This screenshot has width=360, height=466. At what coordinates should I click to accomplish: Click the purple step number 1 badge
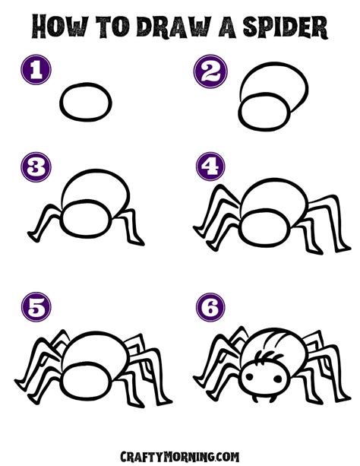(36, 69)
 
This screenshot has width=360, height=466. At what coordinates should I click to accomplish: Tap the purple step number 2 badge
(210, 71)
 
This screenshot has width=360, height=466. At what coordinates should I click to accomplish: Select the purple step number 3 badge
(36, 166)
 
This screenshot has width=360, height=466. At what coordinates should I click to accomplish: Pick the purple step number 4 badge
(210, 166)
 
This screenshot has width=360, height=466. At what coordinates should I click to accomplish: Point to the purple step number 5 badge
(36, 306)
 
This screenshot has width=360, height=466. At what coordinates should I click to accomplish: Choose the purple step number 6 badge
(210, 307)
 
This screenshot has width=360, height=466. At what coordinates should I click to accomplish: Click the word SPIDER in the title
(284, 27)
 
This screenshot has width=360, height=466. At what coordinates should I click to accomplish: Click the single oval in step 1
(86, 102)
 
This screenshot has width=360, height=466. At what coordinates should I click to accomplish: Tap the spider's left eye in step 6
(249, 377)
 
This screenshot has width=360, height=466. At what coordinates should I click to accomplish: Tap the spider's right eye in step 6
(278, 379)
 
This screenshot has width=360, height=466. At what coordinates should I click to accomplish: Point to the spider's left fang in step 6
(255, 398)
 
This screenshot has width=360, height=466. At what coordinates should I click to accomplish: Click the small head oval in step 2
(264, 112)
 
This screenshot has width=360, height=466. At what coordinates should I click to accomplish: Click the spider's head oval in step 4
(264, 227)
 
